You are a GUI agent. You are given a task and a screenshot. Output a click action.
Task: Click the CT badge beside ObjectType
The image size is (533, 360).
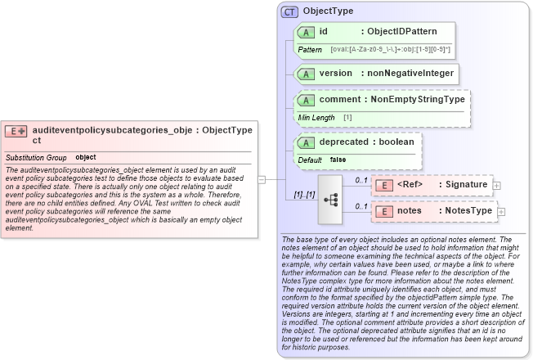(289, 12)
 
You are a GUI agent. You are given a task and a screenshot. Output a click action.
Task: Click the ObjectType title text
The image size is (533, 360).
(328, 12)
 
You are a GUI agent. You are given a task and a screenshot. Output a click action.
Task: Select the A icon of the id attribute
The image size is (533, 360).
(306, 32)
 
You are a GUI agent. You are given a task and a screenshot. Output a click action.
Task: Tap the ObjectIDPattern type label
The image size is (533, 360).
(401, 32)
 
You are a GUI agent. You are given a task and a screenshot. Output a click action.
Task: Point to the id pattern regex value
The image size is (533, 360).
(391, 50)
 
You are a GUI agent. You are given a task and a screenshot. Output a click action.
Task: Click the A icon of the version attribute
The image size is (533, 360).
(306, 74)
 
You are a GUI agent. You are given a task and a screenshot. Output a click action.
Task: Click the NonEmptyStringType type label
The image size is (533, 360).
(418, 100)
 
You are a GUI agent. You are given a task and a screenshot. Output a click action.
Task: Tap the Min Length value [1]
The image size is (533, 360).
(347, 118)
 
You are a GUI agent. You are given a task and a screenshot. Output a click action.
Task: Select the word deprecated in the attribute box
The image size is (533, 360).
(343, 142)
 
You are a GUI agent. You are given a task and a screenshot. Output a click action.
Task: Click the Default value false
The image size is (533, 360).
(338, 160)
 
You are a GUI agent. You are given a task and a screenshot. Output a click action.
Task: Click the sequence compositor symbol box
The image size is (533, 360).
(333, 199)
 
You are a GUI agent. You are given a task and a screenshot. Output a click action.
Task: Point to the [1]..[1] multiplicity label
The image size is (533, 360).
(304, 196)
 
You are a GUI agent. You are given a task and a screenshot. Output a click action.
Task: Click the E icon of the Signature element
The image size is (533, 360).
(383, 185)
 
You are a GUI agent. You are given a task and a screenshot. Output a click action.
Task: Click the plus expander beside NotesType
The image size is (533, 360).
(502, 212)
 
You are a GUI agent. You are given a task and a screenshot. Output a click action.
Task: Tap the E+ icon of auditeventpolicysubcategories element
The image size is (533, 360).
(16, 131)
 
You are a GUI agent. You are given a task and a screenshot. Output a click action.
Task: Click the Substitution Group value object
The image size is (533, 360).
(86, 156)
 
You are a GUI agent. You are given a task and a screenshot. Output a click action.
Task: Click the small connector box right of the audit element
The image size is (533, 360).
(261, 178)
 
